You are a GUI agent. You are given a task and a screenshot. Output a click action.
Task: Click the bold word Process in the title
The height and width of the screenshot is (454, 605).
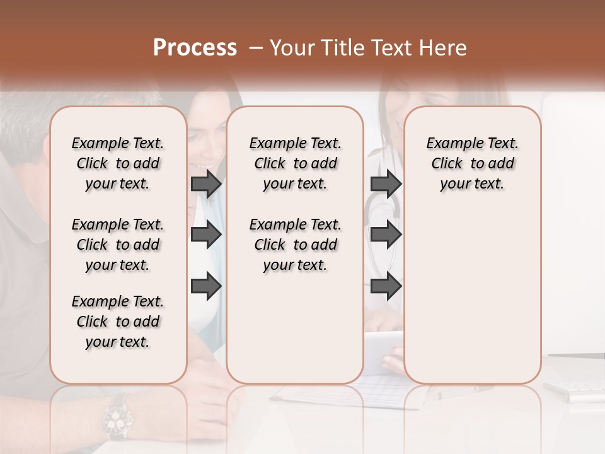pyautogui.click(x=195, y=47)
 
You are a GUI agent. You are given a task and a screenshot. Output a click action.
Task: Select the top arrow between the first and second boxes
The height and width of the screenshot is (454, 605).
pyautogui.click(x=206, y=183)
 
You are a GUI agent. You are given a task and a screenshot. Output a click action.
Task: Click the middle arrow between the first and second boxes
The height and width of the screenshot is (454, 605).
pyautogui.click(x=206, y=235)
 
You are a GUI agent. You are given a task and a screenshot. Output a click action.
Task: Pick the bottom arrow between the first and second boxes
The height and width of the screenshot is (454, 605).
pyautogui.click(x=206, y=287)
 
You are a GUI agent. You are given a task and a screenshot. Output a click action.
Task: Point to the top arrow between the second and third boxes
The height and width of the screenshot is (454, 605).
pyautogui.click(x=386, y=183)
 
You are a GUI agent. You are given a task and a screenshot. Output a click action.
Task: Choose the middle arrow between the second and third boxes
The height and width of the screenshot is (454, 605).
pyautogui.click(x=386, y=235)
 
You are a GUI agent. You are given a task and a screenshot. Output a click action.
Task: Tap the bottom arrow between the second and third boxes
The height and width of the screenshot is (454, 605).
pyautogui.click(x=386, y=287)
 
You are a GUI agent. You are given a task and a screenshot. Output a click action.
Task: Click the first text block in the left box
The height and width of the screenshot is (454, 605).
pyautogui.click(x=118, y=163)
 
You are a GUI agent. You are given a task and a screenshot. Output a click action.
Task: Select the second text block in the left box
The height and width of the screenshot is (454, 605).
pyautogui.click(x=118, y=245)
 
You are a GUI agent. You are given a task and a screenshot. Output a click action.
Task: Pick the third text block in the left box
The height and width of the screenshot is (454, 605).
pyautogui.click(x=118, y=322)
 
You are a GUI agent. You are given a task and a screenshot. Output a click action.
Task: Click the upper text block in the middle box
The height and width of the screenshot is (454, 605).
pyautogui.click(x=295, y=163)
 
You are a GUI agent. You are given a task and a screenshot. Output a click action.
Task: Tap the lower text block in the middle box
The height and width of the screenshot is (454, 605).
pyautogui.click(x=295, y=245)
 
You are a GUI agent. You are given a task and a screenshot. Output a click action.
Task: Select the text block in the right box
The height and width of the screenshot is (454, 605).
pyautogui.click(x=473, y=163)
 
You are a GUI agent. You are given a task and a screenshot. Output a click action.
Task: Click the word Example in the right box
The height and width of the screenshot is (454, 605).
pyautogui.click(x=448, y=143)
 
